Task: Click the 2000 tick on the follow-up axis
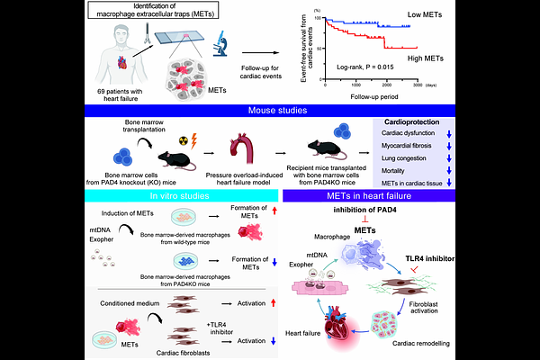click(x=385, y=86)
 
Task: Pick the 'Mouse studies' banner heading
click(x=269, y=112)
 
